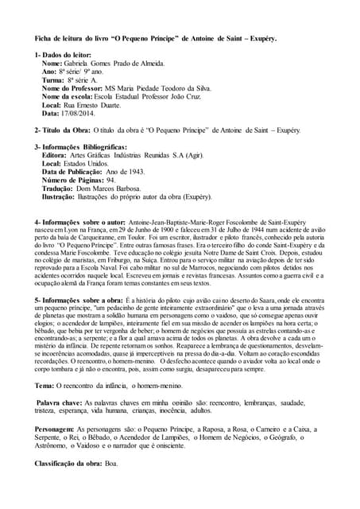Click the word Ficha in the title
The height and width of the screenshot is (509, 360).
tap(45, 37)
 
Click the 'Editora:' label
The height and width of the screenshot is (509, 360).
tap(56, 156)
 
